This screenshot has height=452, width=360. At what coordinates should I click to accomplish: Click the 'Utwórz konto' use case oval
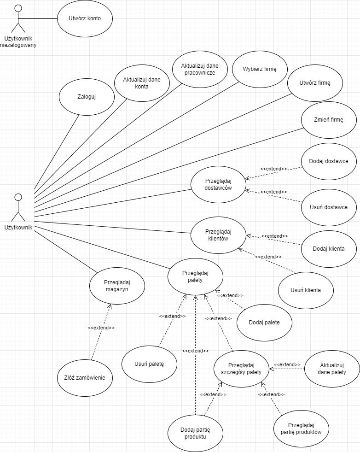click(x=85, y=19)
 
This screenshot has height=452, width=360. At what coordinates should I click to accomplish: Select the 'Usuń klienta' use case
click(x=306, y=290)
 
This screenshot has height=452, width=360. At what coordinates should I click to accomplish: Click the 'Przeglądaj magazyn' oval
click(x=116, y=286)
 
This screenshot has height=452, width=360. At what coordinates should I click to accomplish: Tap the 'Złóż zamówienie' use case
click(x=85, y=378)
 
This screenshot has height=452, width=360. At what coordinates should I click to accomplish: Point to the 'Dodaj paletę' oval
click(x=264, y=322)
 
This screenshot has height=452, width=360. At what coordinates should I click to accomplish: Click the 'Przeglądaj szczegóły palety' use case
click(x=241, y=368)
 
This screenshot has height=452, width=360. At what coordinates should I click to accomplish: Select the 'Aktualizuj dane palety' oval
click(x=332, y=368)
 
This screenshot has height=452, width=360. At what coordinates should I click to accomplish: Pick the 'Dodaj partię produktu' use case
click(x=196, y=433)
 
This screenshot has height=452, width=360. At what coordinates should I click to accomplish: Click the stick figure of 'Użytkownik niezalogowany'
click(x=18, y=18)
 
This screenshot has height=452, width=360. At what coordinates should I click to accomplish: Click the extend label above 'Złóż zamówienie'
click(x=101, y=328)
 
